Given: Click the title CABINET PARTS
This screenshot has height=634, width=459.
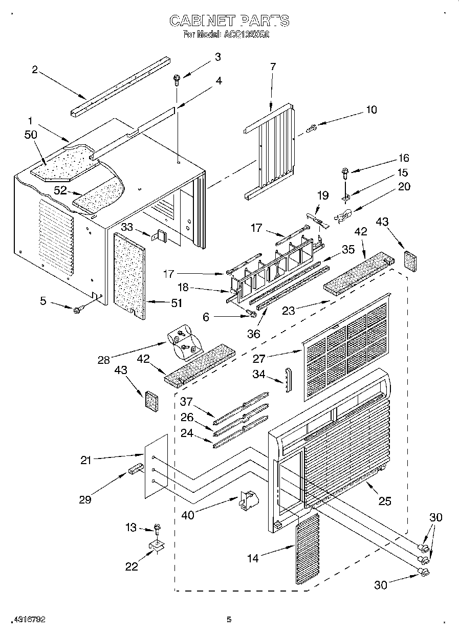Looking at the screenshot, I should click(x=229, y=21).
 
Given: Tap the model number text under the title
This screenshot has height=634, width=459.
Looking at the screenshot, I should click(x=226, y=35).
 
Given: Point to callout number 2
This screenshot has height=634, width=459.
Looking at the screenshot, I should click(x=35, y=70).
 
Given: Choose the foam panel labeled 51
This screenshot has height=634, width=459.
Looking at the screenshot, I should click(x=127, y=276).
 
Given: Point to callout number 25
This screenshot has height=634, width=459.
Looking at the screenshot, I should click(x=385, y=501).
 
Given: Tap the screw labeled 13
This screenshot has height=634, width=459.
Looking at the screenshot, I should click(x=157, y=527).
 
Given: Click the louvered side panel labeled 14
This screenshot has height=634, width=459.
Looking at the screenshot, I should click(x=307, y=548).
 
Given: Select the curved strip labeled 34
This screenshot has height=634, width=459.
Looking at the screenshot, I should click(x=287, y=378).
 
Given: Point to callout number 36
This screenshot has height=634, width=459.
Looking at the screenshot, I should click(x=254, y=334).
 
